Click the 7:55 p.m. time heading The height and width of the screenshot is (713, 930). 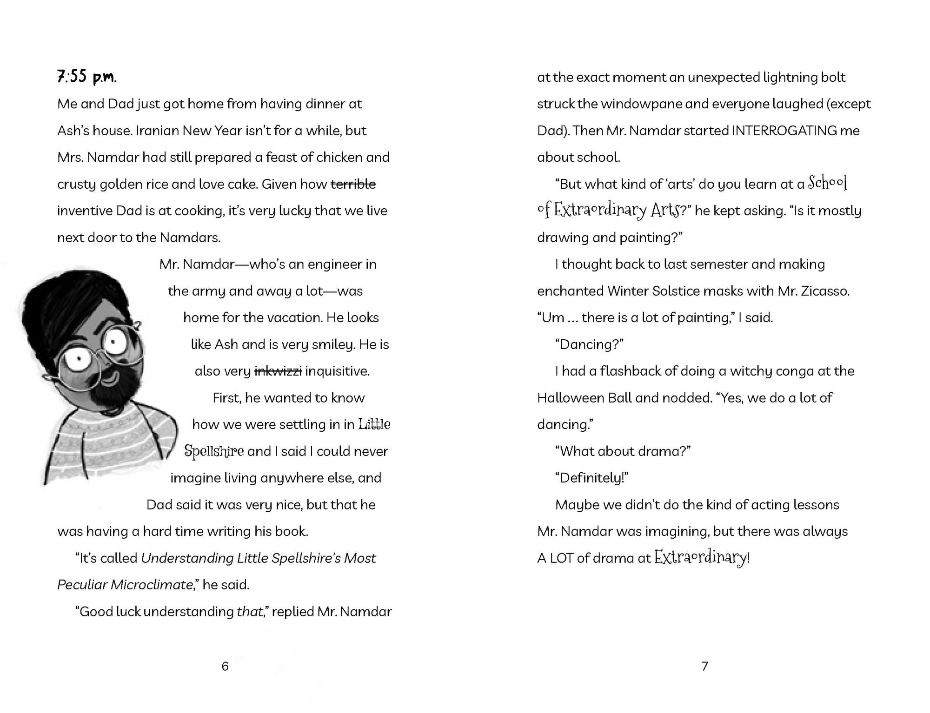coord(86,77)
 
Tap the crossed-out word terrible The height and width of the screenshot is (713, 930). coord(353,184)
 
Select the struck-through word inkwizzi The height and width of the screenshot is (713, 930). coord(278,371)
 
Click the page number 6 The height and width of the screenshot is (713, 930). coord(225,667)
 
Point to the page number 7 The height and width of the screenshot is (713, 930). coord(704,667)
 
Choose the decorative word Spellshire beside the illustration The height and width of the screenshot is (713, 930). coord(214,451)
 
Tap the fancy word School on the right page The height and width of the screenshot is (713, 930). coord(827,183)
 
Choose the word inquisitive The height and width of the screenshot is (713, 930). coord(337,371)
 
